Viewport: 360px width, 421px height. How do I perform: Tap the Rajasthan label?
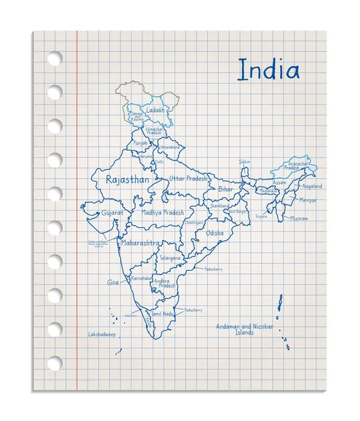tap(127, 180)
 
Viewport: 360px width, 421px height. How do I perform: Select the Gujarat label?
tap(112, 211)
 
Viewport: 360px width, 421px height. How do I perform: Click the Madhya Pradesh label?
tap(162, 212)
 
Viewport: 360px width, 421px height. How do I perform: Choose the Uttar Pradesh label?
tap(188, 179)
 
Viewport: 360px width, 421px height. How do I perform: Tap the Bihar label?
tap(225, 189)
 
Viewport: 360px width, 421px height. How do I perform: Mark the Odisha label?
tap(215, 232)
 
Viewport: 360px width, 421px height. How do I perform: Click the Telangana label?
tap(170, 258)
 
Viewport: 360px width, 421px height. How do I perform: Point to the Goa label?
tap(113, 282)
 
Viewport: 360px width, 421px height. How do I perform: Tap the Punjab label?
tap(140, 142)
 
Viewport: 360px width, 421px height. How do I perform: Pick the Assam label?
tap(279, 182)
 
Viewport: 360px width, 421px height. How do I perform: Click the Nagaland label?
tap(312, 187)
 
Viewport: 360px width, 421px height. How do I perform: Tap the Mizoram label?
tap(299, 218)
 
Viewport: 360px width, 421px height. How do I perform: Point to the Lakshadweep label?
tap(101, 334)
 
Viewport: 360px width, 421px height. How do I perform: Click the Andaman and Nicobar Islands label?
tap(244, 329)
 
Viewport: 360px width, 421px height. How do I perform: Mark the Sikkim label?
tap(244, 162)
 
